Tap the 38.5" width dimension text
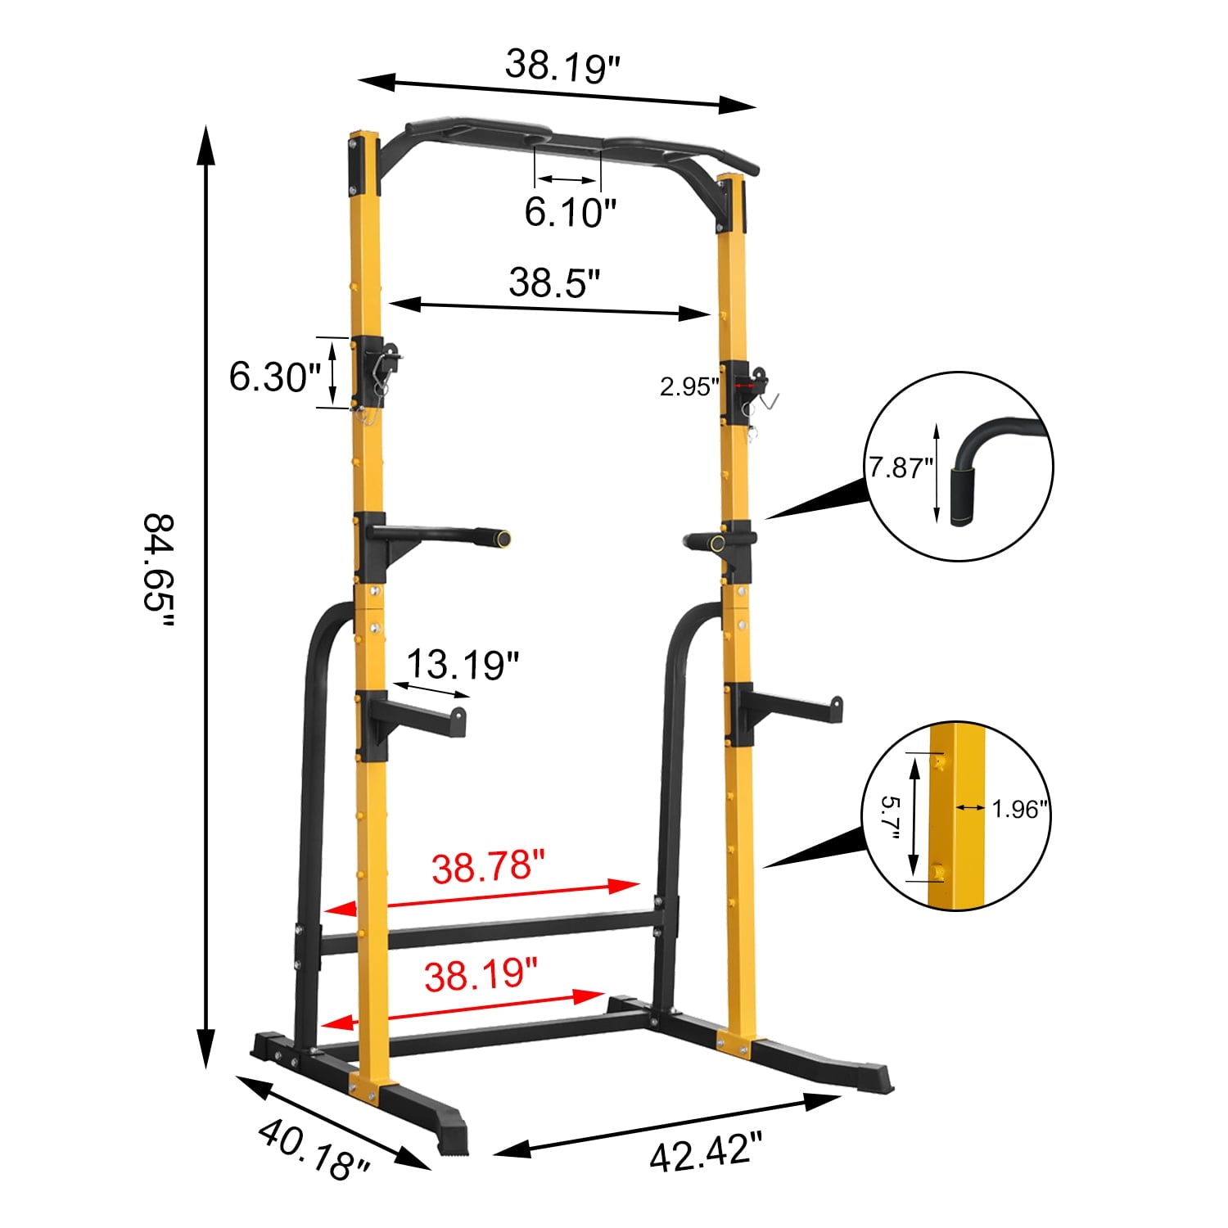[x=554, y=282]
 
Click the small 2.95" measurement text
[x=688, y=387]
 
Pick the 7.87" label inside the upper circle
[x=901, y=468]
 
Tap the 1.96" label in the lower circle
[x=1019, y=809]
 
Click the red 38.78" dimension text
[x=489, y=867]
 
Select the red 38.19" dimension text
[x=481, y=975]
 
